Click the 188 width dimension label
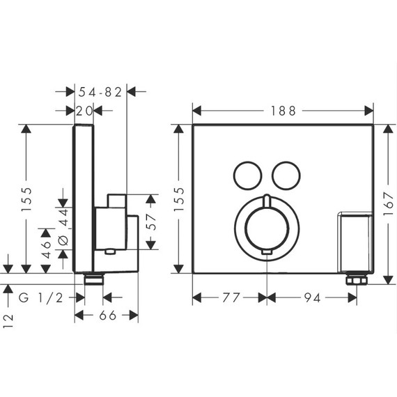click(x=283, y=111)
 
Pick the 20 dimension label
click(x=85, y=110)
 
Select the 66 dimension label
click(x=107, y=316)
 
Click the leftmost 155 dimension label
click(x=26, y=197)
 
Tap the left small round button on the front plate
click(x=246, y=174)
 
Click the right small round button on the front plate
click(x=285, y=174)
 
